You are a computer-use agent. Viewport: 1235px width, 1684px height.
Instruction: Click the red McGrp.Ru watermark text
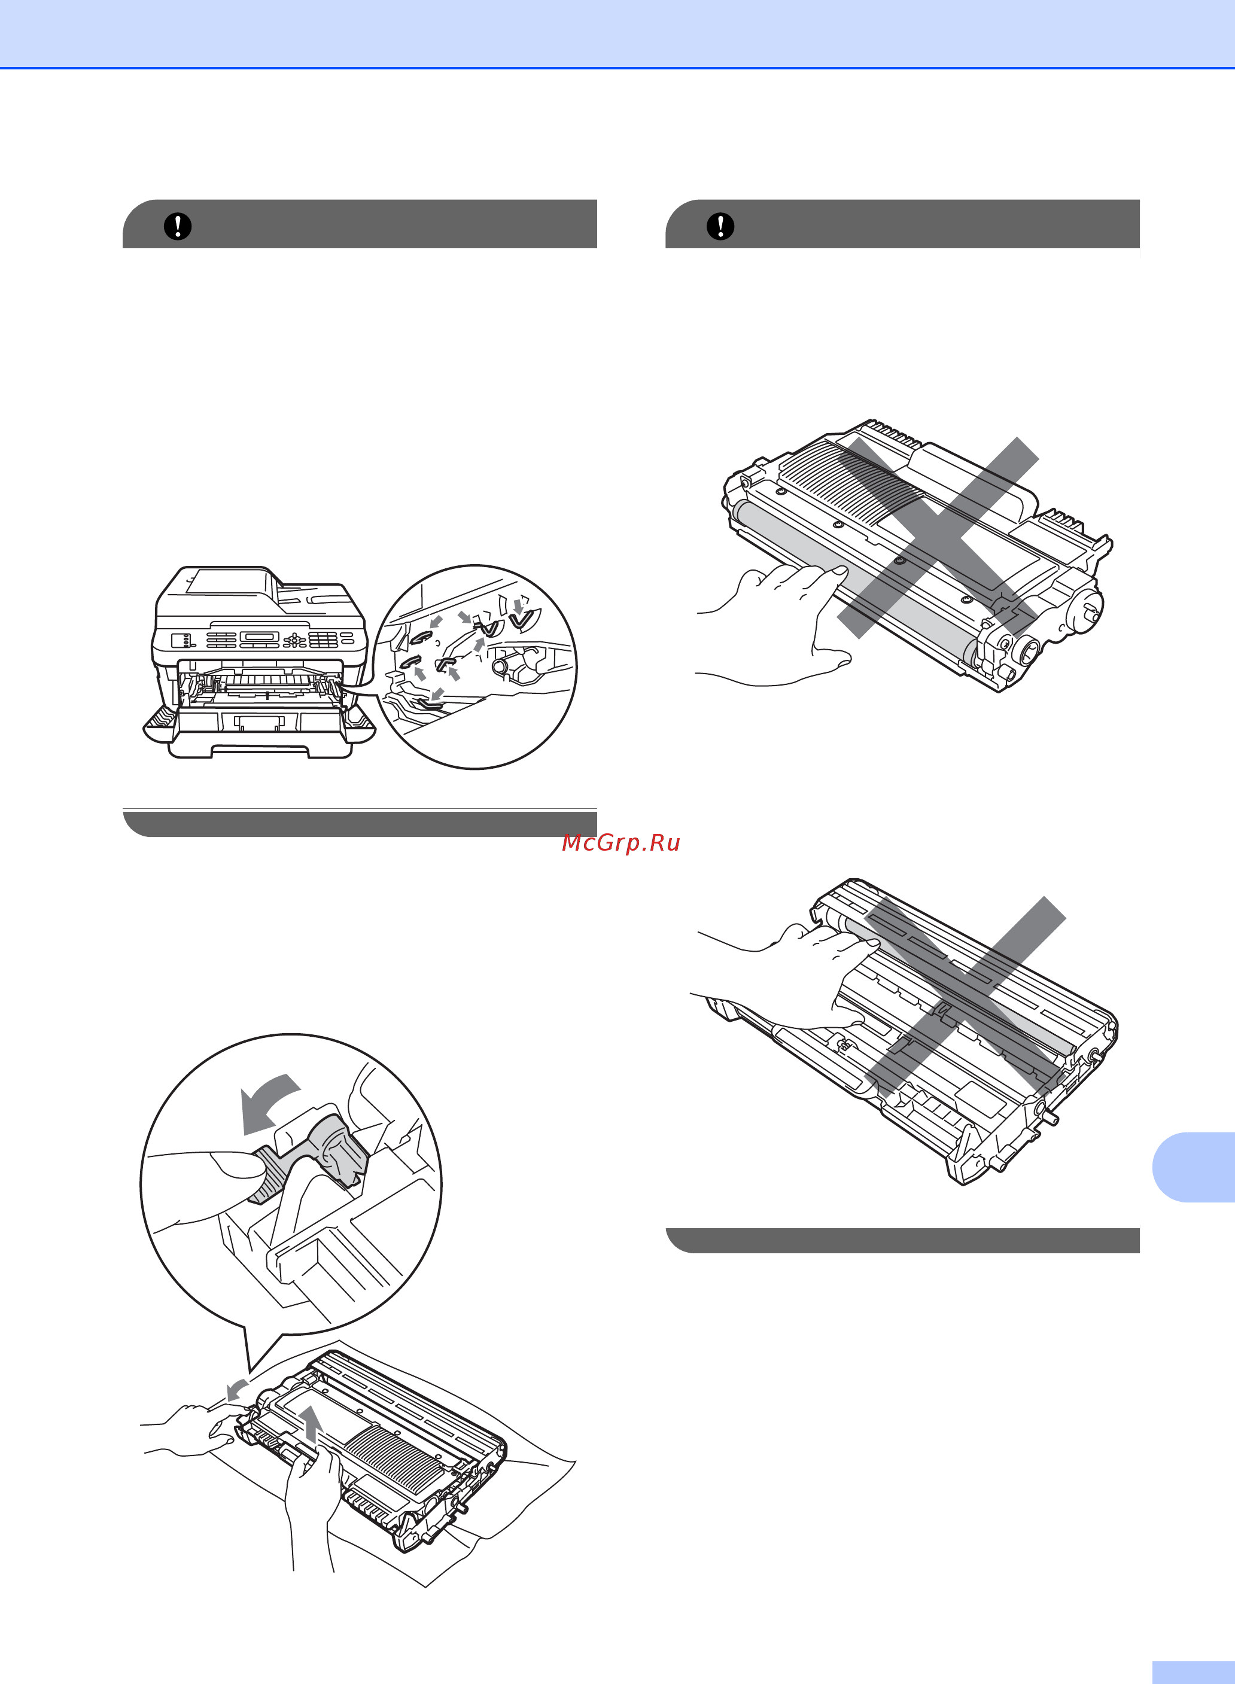tap(620, 842)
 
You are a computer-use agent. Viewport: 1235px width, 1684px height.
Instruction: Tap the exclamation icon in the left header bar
tap(178, 226)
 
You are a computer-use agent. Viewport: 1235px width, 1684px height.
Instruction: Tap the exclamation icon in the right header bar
tap(720, 226)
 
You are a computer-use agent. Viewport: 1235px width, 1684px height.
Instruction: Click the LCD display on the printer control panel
tap(261, 638)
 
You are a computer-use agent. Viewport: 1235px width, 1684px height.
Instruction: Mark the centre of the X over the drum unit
tap(965, 997)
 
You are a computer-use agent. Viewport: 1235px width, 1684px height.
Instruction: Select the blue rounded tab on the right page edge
tap(1194, 1167)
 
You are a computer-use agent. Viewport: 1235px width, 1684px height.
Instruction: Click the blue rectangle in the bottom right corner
tap(1194, 1673)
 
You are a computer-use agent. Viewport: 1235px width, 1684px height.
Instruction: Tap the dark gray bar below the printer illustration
tap(360, 823)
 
